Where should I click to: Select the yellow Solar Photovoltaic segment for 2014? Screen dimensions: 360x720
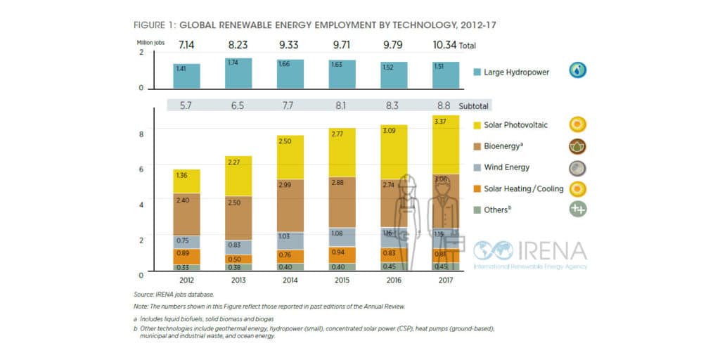coord(284,157)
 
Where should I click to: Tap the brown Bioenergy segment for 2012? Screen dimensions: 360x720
coord(186,214)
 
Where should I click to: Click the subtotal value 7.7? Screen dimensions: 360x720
coord(284,105)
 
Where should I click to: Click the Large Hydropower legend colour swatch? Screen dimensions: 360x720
coord(477,71)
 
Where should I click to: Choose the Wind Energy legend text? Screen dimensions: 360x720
coord(507,167)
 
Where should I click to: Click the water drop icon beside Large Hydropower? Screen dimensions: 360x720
coord(578,70)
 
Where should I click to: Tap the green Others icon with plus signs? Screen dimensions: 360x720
coord(578,209)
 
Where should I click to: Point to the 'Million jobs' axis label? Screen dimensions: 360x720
coord(150,43)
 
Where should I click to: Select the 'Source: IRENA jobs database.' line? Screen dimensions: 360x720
coord(173,295)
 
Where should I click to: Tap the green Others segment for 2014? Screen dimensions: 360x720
coord(284,267)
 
